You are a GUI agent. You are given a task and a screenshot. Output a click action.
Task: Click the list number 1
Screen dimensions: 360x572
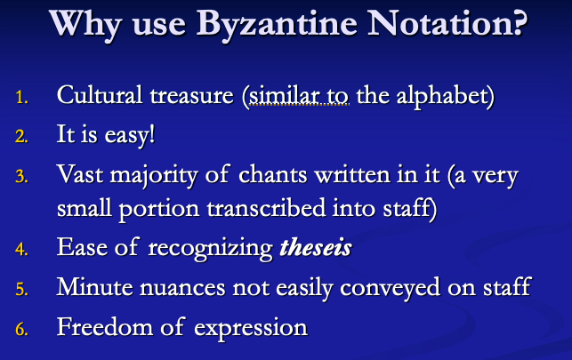pyautogui.click(x=23, y=97)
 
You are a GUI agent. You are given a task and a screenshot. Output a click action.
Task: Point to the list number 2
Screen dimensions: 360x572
pyautogui.click(x=23, y=138)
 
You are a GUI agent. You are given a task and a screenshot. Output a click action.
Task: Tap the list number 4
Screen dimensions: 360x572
pyautogui.click(x=23, y=250)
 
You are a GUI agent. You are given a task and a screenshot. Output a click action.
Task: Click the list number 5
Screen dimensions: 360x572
pyautogui.click(x=23, y=290)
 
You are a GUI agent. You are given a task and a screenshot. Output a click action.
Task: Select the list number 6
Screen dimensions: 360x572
pyautogui.click(x=23, y=330)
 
